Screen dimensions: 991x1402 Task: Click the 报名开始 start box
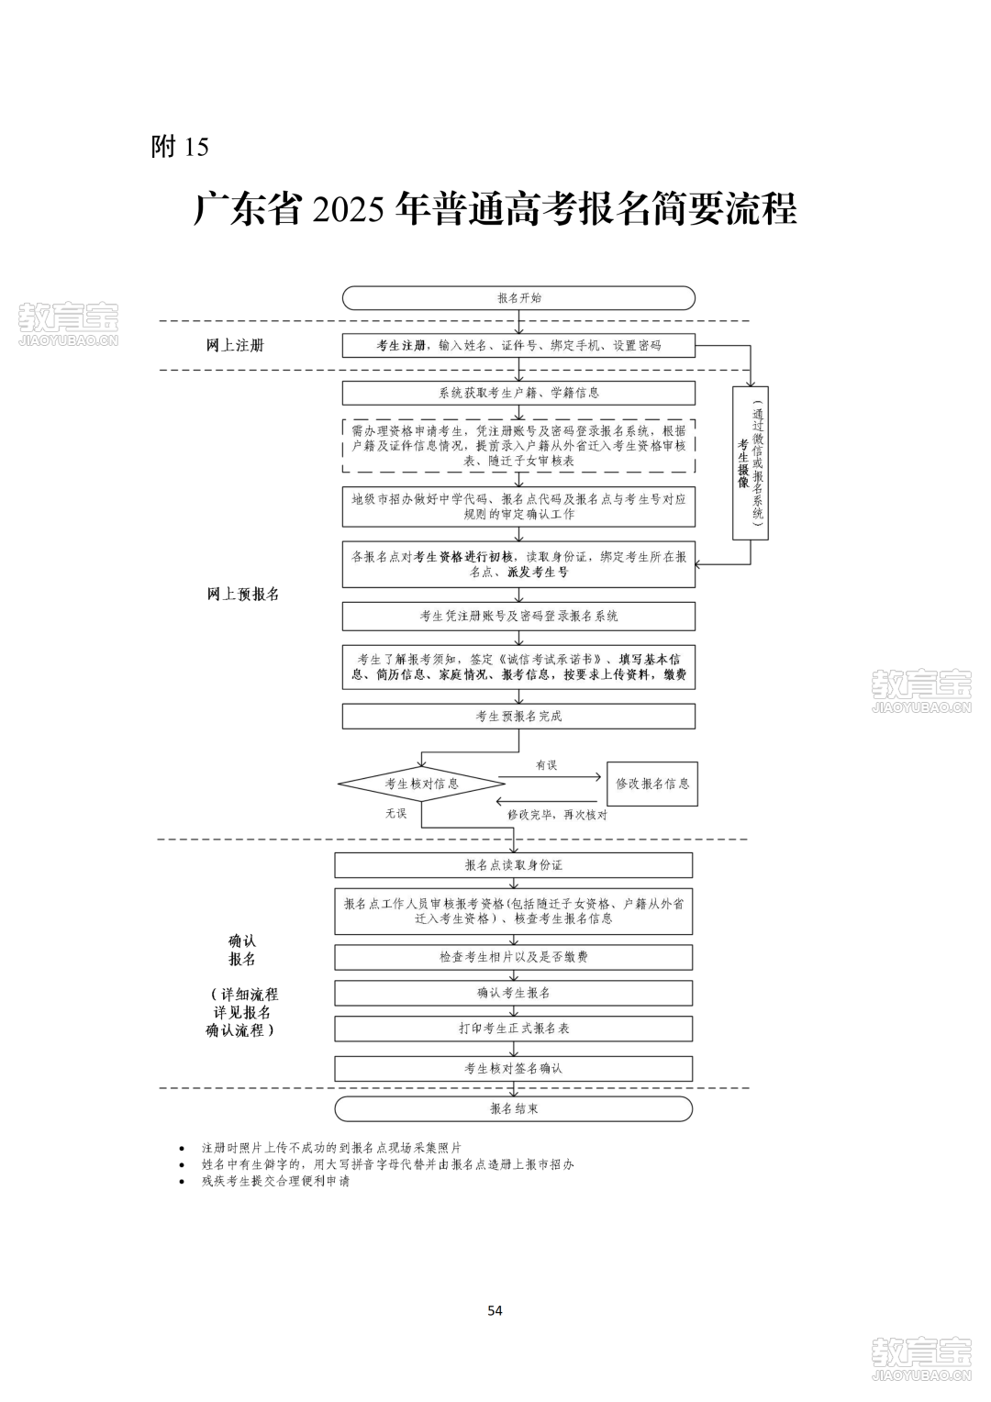tap(518, 298)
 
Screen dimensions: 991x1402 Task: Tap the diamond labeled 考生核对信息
tap(421, 784)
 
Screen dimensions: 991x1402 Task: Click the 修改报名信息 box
tap(652, 784)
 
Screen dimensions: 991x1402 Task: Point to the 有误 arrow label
tap(546, 765)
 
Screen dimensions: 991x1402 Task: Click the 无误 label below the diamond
tap(395, 813)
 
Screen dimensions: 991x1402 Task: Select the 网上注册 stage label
tap(236, 346)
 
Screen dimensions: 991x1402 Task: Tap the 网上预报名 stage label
tap(243, 594)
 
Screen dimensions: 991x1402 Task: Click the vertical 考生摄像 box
tap(750, 463)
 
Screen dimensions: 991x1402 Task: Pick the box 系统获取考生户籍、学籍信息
tap(518, 393)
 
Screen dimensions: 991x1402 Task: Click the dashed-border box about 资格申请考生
tap(518, 446)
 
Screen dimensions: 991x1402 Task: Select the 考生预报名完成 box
tap(518, 716)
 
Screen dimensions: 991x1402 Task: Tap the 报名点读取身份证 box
tap(513, 865)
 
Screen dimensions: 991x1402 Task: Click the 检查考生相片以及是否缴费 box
tap(513, 957)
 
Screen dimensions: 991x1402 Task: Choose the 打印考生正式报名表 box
tap(513, 1029)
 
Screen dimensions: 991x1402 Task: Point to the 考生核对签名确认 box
tap(513, 1068)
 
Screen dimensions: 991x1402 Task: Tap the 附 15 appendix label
tap(180, 147)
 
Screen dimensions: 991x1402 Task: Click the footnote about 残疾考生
tap(275, 1181)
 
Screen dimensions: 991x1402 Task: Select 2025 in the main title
tap(348, 209)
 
